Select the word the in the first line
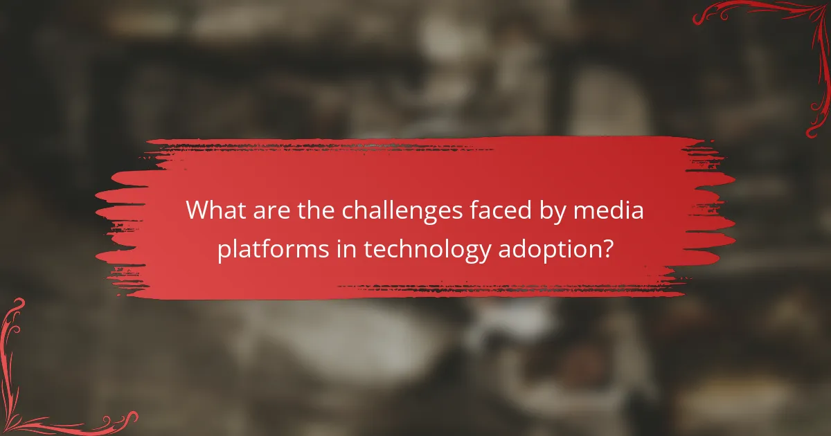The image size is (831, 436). [x=311, y=210]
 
